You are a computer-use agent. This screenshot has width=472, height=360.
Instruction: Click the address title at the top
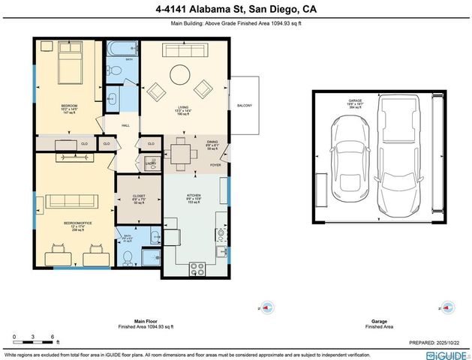click(x=235, y=10)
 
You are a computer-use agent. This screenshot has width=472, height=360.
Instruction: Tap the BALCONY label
click(x=245, y=105)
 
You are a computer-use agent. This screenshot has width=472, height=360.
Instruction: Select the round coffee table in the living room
click(x=180, y=75)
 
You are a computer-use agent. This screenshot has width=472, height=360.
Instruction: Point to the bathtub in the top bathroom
click(x=121, y=49)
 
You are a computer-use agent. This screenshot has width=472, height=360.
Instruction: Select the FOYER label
click(x=216, y=164)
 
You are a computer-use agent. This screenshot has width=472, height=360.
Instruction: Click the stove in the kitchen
click(x=198, y=266)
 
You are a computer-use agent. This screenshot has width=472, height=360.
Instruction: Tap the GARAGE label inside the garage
click(x=355, y=100)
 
